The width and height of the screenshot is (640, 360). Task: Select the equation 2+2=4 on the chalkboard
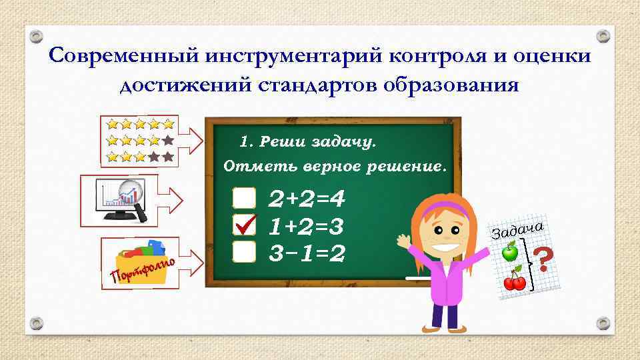pos(306,199)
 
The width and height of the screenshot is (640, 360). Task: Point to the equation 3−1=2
pos(306,253)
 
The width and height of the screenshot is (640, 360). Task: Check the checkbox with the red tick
pos(245,225)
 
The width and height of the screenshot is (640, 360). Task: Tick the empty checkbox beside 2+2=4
pos(245,197)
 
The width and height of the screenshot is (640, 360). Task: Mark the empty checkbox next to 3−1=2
pos(245,252)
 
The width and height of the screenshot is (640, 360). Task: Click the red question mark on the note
pos(545,259)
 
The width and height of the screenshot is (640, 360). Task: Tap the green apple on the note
pos(510,251)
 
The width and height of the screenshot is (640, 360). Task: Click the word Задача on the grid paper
pos(519,229)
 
